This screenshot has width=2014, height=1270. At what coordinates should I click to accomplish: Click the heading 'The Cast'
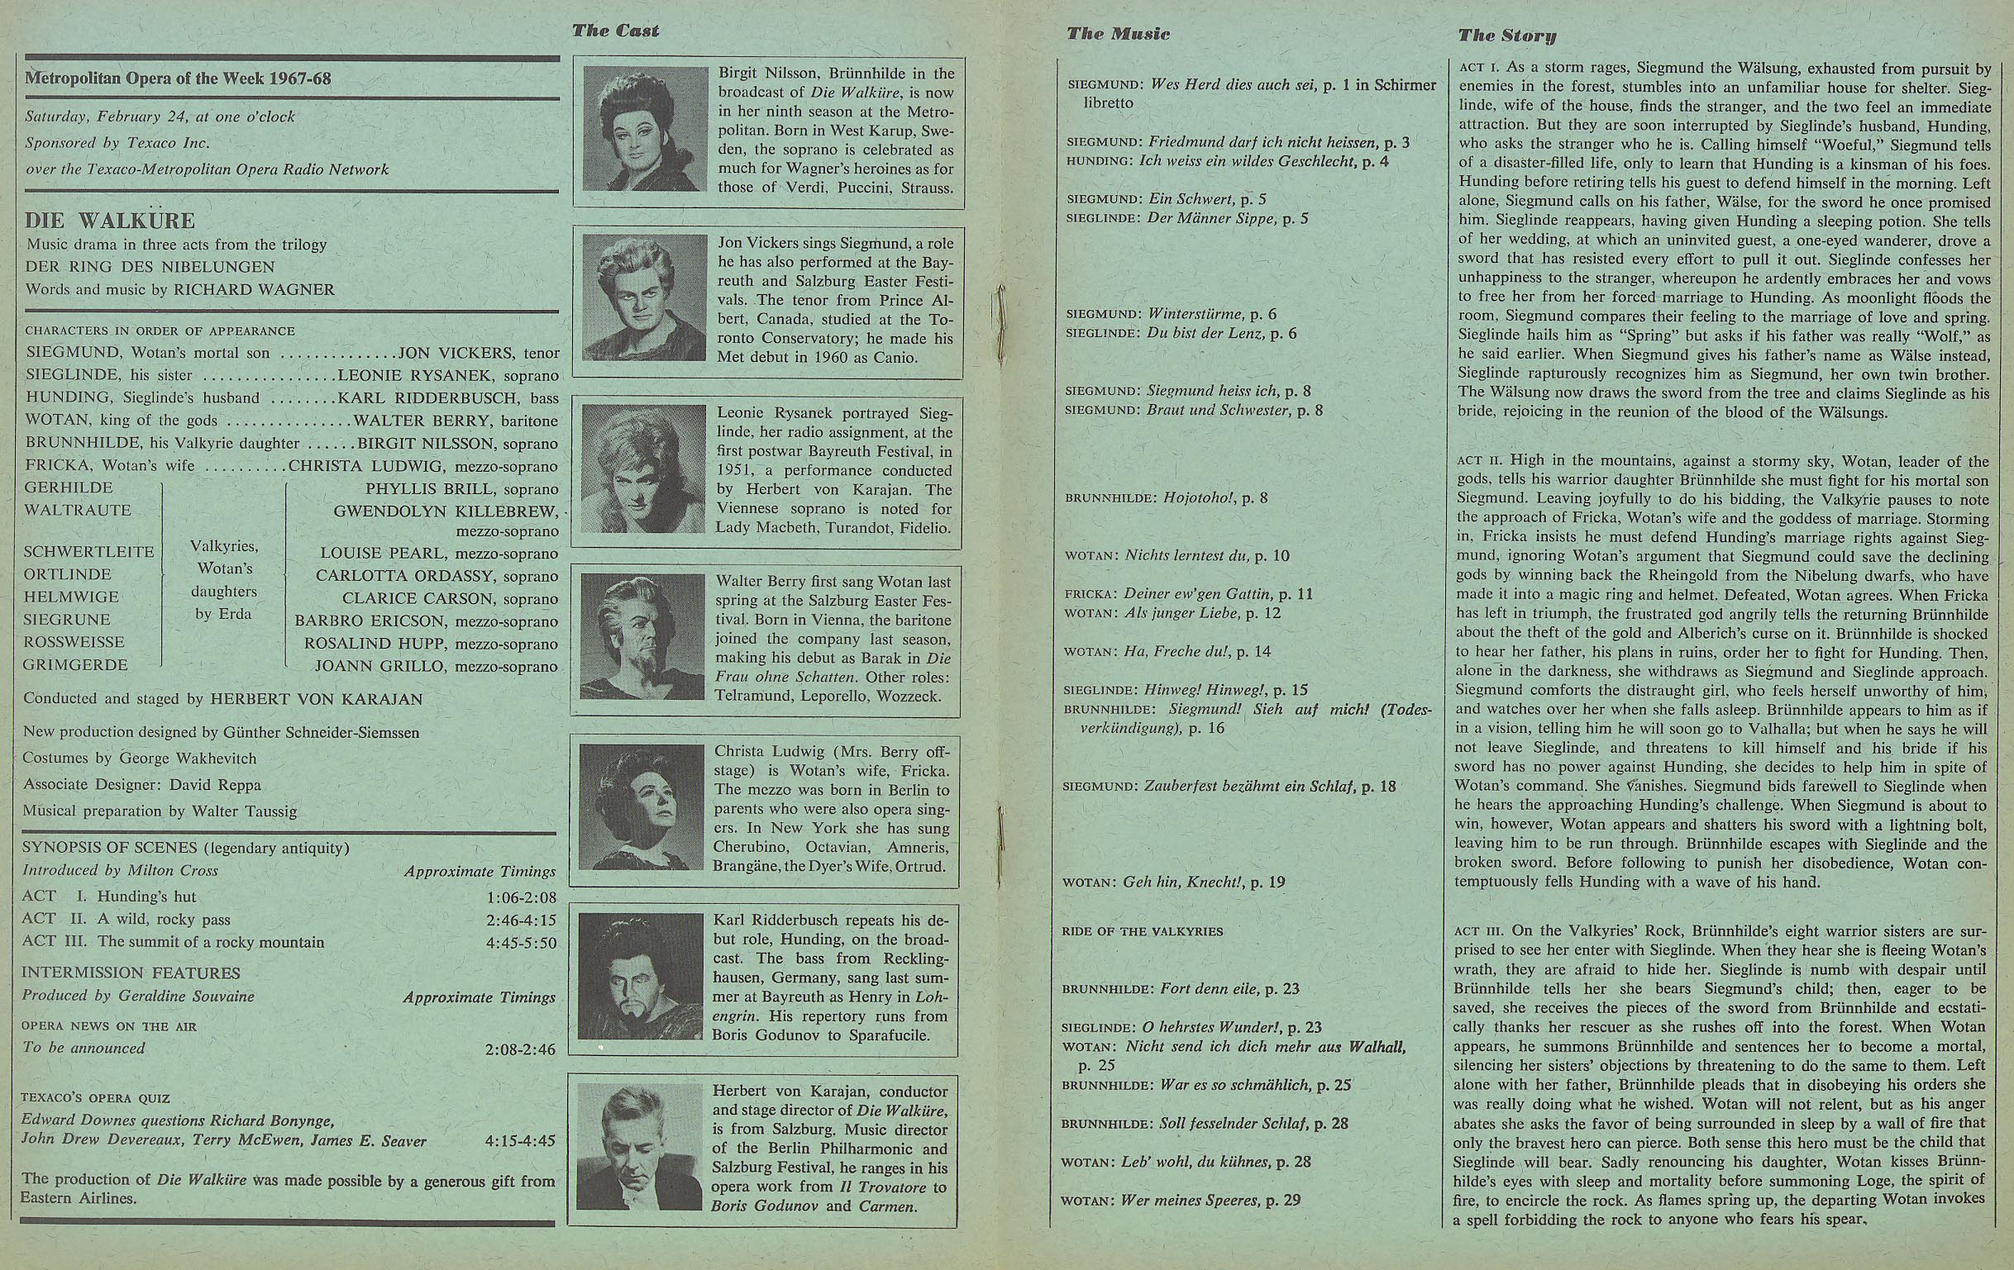click(616, 31)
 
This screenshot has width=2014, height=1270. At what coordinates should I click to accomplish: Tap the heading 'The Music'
click(1118, 34)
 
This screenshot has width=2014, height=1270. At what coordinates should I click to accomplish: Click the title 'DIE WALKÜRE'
click(110, 221)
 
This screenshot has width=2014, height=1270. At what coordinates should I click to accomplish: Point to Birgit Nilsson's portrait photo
click(645, 130)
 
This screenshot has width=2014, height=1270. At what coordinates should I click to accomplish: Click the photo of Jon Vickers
click(645, 297)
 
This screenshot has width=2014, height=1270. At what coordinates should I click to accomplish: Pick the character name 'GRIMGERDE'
click(76, 665)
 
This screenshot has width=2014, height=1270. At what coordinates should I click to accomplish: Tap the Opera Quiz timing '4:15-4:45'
click(519, 1141)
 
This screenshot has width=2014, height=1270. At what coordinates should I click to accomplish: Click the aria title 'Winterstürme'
click(1196, 314)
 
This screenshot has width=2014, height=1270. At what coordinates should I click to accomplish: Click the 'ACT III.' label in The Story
click(1481, 931)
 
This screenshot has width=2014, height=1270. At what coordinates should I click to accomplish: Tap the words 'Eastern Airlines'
click(79, 1198)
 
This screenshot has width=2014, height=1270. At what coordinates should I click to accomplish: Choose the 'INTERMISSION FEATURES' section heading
click(131, 973)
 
